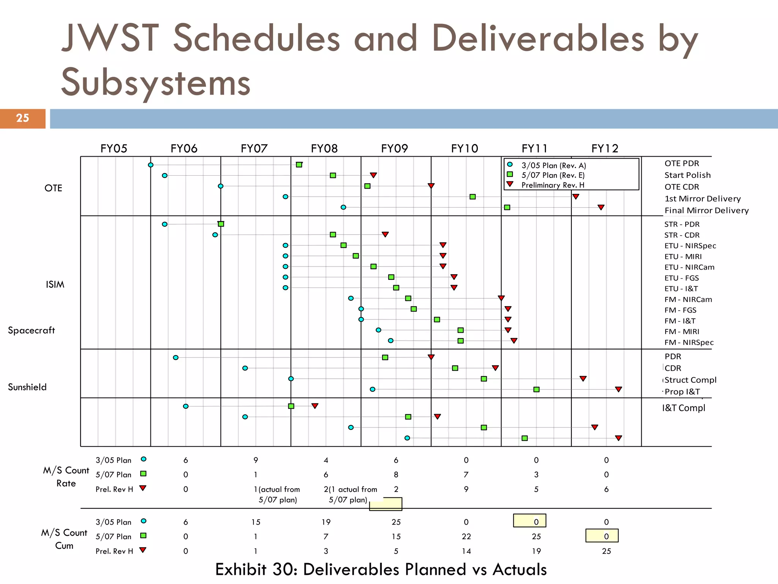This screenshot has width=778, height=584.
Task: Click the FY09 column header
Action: (394, 148)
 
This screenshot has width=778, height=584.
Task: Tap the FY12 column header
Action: (605, 148)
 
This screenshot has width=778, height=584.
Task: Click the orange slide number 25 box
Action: (22, 118)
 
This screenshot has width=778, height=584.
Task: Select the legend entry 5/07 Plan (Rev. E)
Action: (553, 175)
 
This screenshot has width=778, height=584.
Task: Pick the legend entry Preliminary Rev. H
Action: (552, 185)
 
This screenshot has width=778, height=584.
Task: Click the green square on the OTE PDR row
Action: (299, 165)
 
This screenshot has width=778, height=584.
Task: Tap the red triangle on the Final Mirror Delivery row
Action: (601, 207)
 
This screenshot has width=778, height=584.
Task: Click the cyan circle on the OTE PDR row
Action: (150, 165)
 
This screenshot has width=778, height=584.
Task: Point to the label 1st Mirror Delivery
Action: (702, 198)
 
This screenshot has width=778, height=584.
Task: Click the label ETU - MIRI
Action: (683, 257)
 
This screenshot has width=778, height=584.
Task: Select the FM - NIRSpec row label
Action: (689, 342)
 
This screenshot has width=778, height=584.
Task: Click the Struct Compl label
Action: (690, 380)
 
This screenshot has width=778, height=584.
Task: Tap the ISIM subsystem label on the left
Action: (55, 284)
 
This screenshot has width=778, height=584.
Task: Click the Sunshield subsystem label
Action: (27, 387)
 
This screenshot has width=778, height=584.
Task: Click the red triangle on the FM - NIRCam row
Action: (501, 298)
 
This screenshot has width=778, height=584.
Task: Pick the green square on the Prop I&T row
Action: (536, 389)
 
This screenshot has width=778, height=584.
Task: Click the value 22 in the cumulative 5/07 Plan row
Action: (466, 536)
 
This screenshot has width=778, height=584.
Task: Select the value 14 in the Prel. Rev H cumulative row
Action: (466, 551)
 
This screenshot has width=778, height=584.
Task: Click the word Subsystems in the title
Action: (156, 82)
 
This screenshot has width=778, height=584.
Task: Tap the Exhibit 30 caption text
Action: (381, 570)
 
